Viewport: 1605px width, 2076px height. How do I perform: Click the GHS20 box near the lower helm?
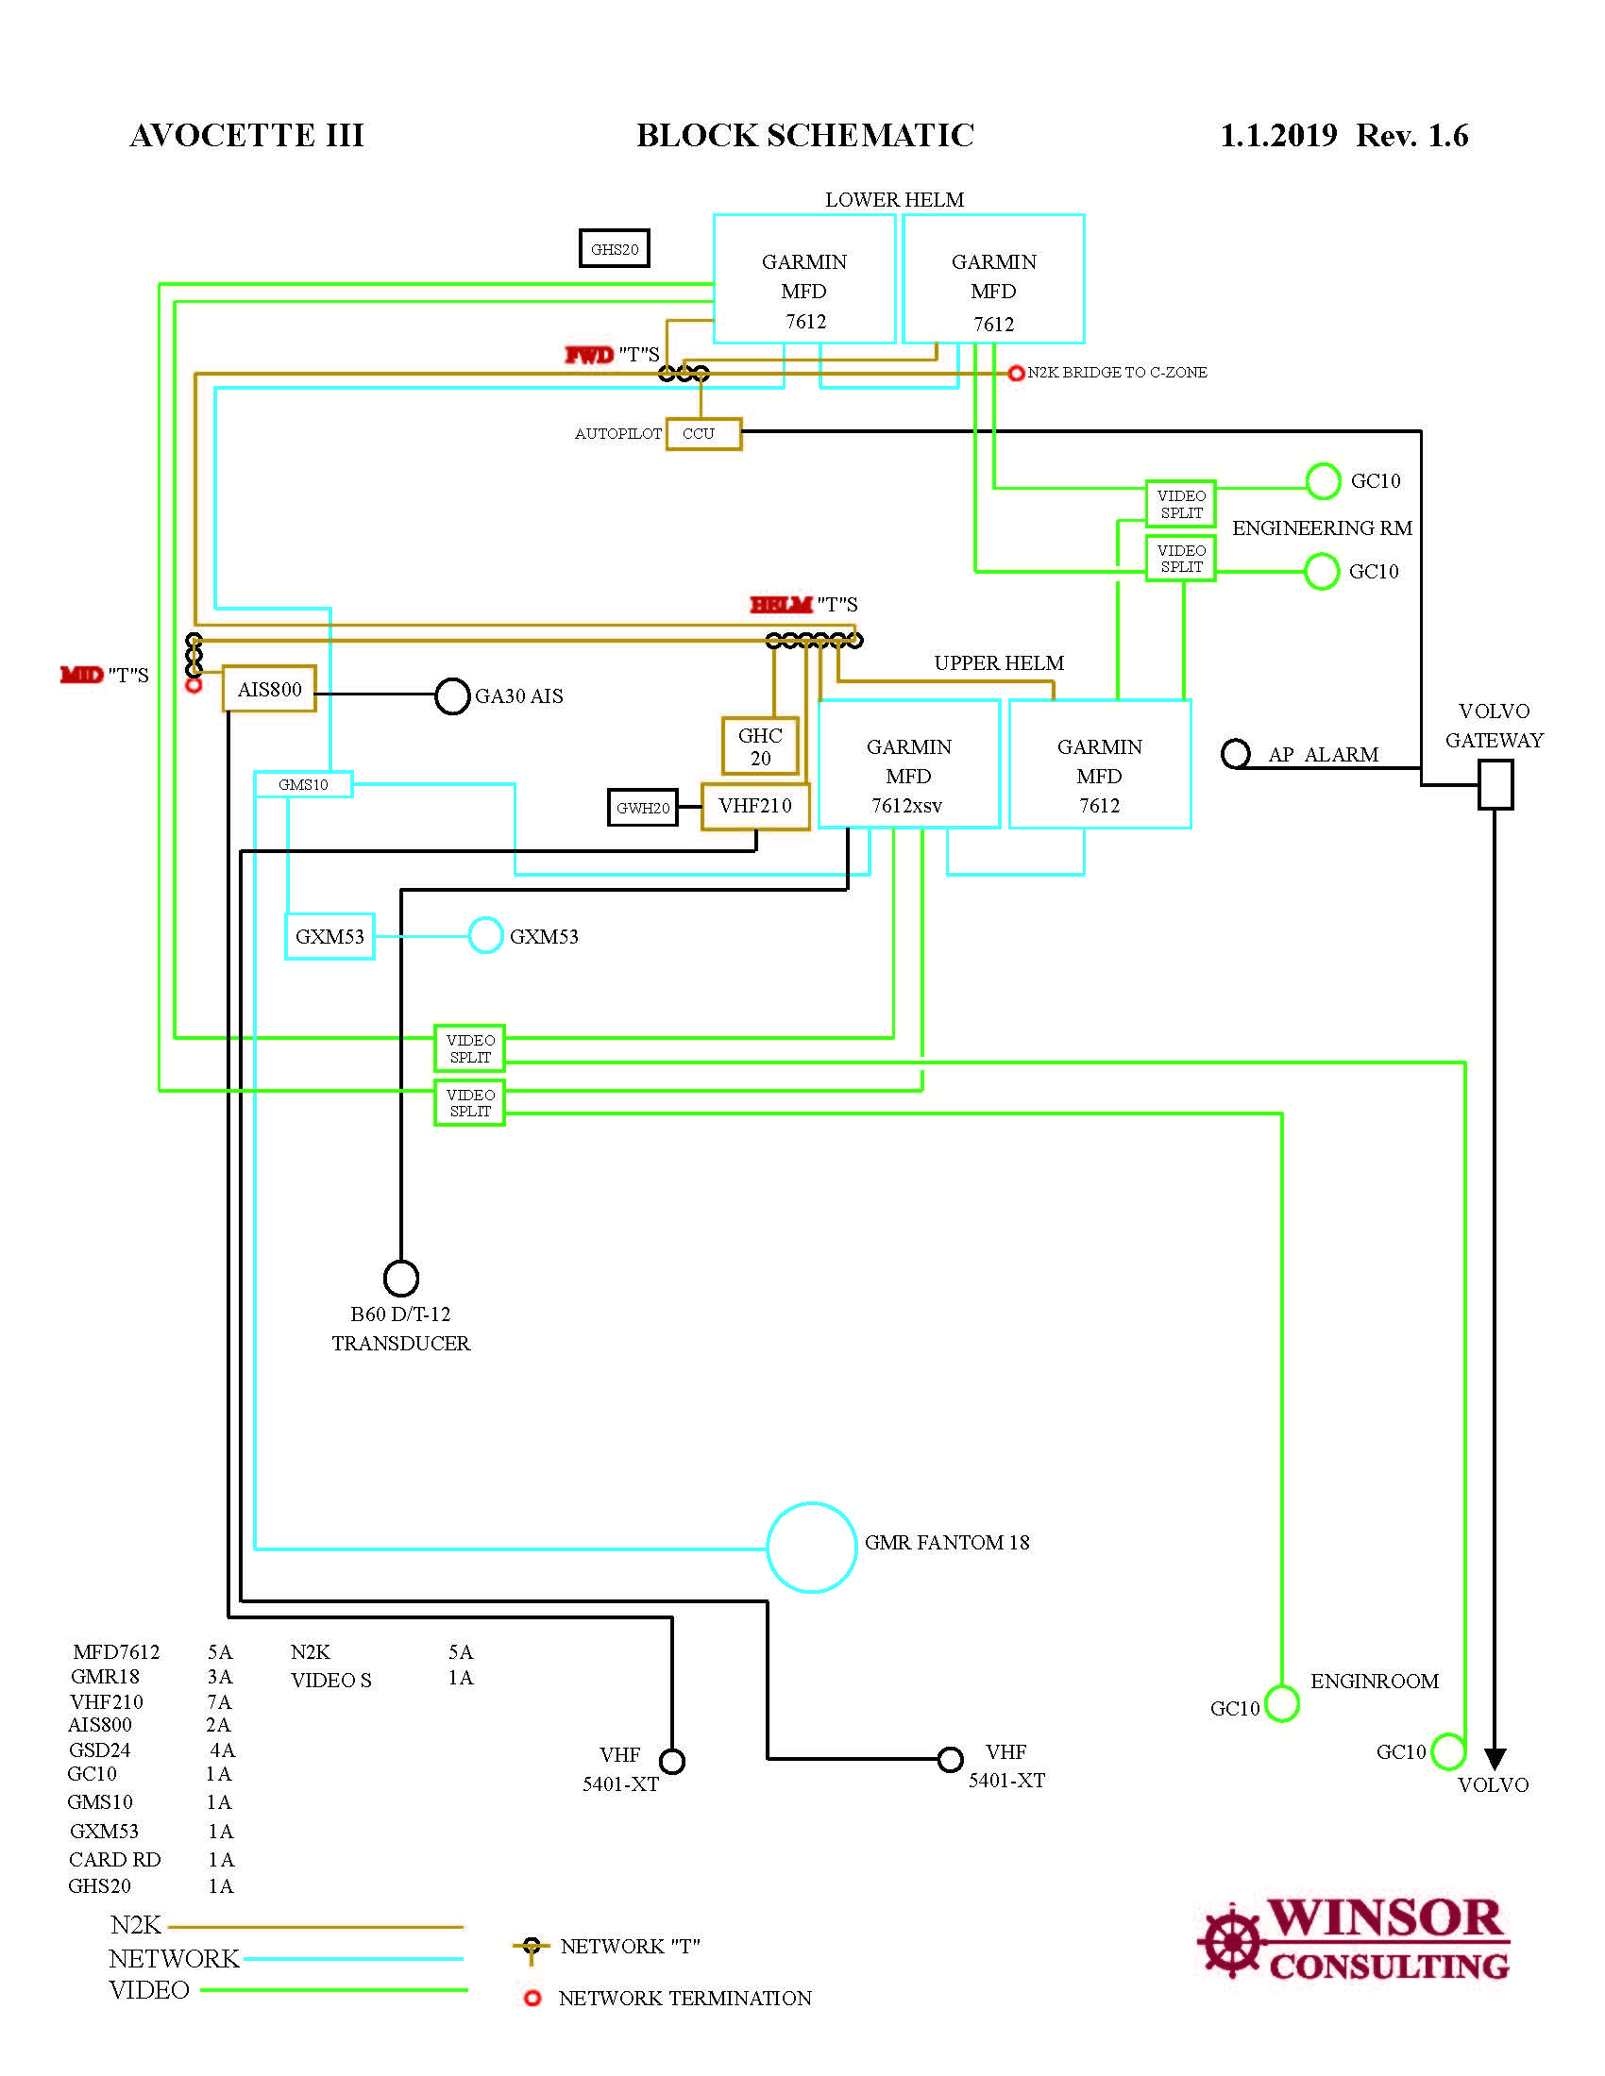coord(615,249)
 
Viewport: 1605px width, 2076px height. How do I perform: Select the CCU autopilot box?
coord(702,433)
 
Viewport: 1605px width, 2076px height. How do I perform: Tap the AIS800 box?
coord(269,689)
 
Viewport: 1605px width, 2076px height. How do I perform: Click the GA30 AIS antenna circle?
coord(452,695)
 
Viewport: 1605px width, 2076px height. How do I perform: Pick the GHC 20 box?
coord(760,746)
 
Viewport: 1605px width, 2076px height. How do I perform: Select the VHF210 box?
coord(755,806)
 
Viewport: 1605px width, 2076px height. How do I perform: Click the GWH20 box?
coord(643,808)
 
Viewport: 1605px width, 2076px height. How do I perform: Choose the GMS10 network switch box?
coord(303,784)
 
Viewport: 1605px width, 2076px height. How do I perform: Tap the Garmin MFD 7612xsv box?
coord(908,764)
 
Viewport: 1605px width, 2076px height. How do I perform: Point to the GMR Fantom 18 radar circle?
coord(811,1548)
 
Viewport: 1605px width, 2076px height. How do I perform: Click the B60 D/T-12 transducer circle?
coord(401,1279)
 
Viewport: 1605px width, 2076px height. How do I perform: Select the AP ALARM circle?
coord(1235,754)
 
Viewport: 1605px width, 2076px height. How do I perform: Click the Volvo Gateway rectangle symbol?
coord(1495,785)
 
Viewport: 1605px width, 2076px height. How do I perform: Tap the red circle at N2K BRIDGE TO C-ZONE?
coord(1016,373)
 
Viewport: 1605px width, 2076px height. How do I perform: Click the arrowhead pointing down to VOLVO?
coord(1495,1759)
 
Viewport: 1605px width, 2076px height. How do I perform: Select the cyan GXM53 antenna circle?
coord(485,935)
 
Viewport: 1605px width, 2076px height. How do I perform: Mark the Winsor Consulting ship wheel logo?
coord(1231,1942)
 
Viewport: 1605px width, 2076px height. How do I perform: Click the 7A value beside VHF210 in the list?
coord(220,1701)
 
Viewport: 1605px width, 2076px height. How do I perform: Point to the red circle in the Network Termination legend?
coord(532,1998)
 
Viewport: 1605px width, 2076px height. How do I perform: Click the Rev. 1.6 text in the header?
coord(1412,136)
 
